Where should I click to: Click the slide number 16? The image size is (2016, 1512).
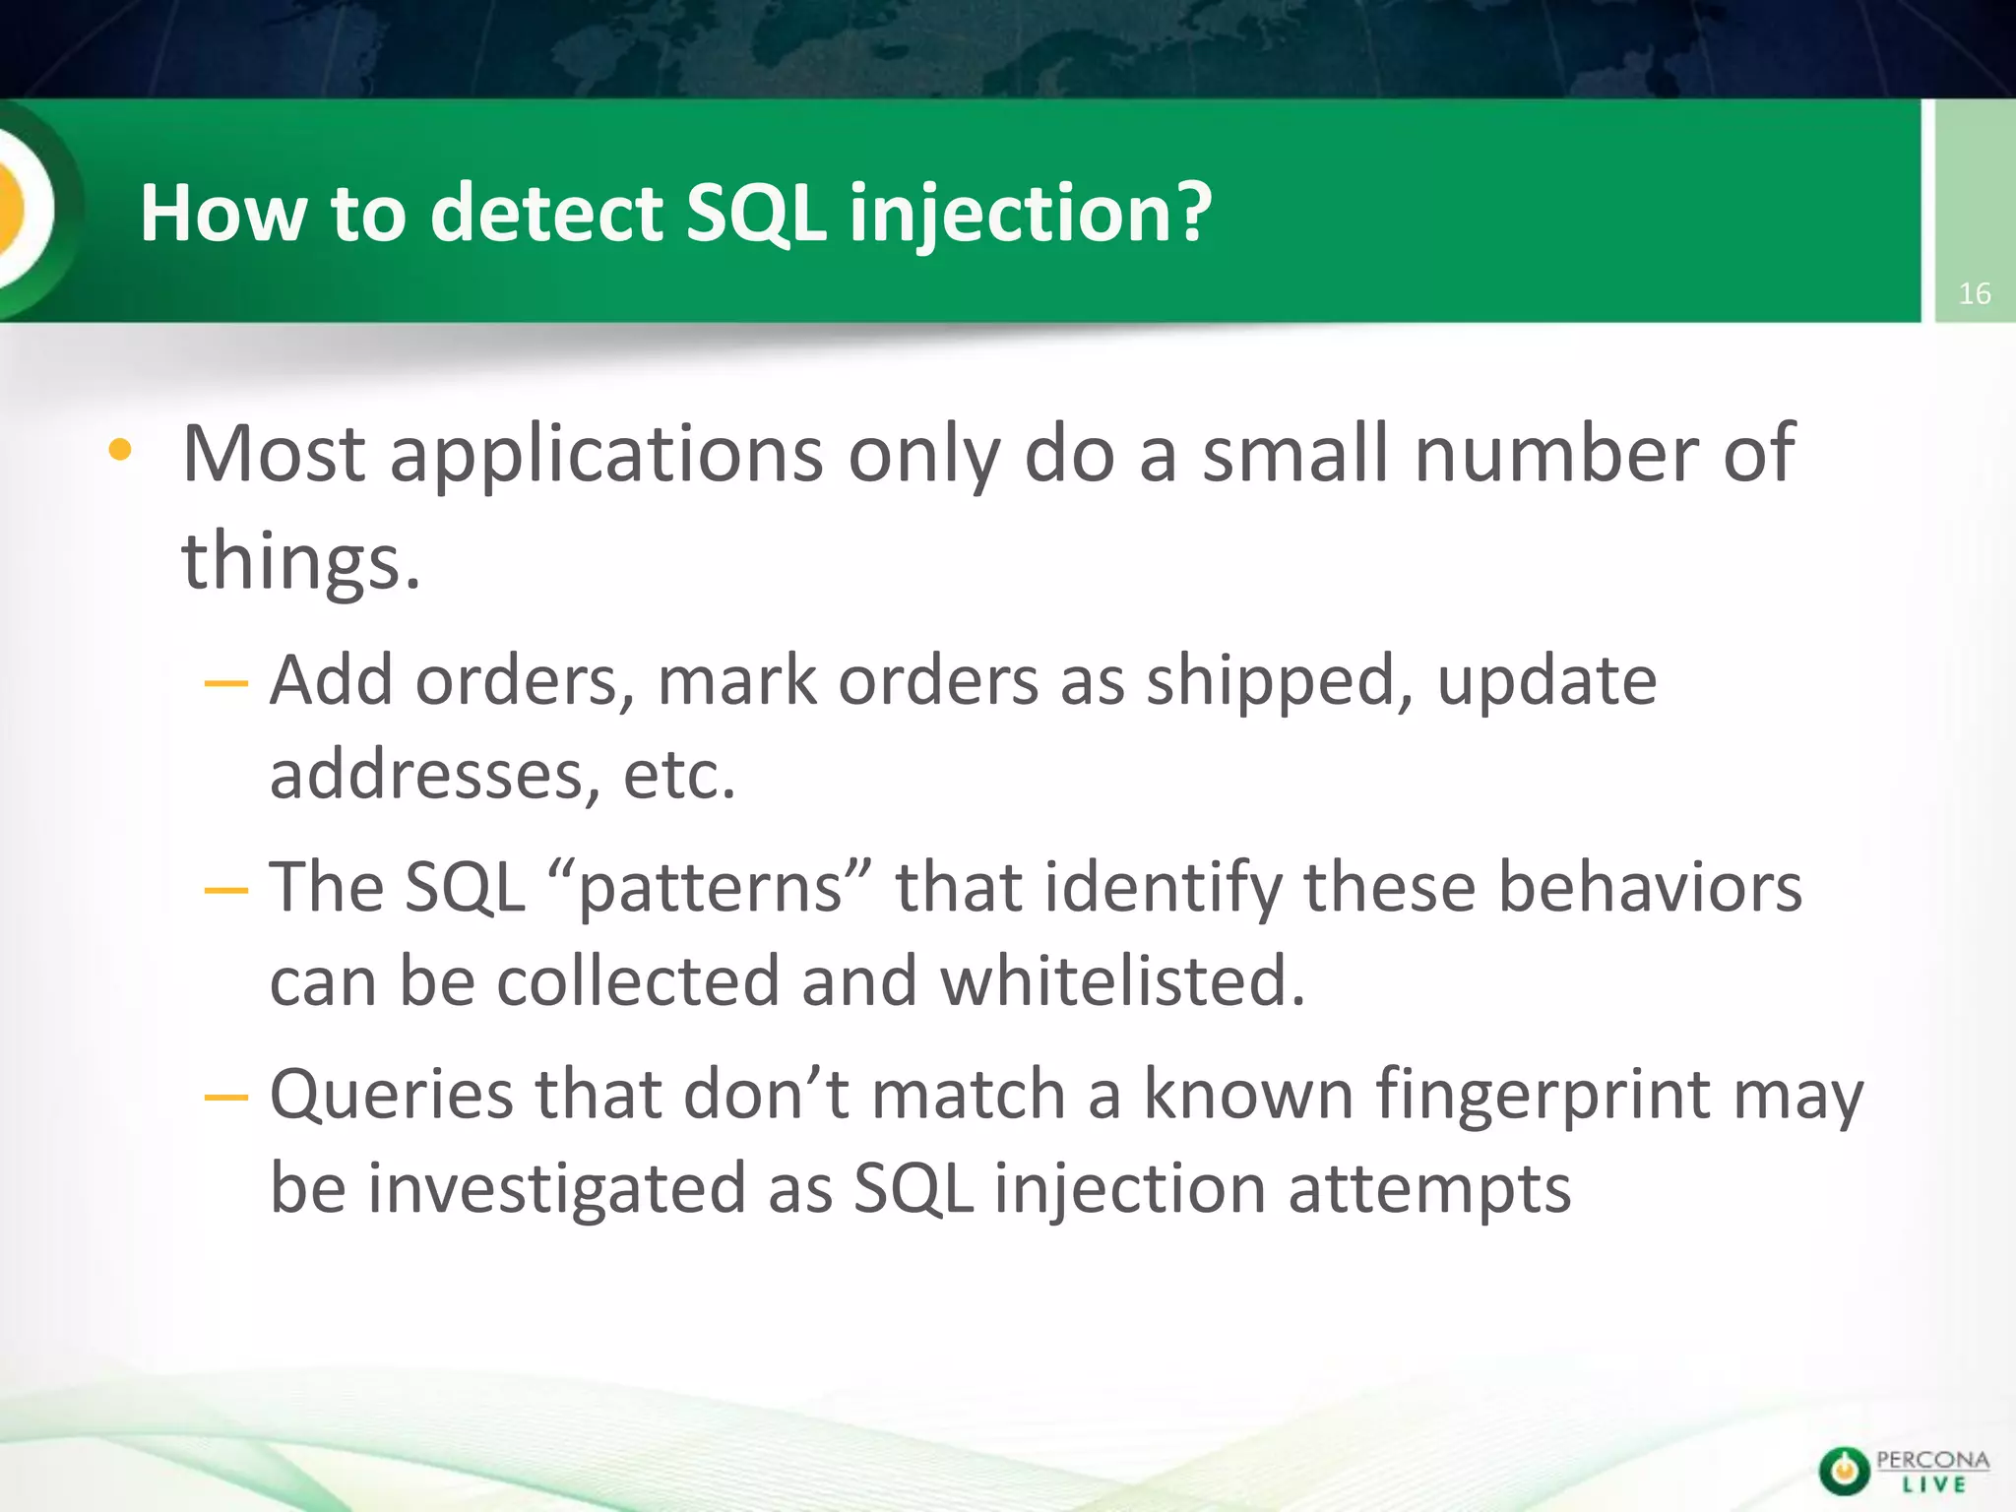[1974, 293]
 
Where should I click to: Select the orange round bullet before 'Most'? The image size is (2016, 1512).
[120, 451]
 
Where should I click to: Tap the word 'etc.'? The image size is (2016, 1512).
[679, 776]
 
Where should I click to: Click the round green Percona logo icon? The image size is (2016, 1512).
[1843, 1472]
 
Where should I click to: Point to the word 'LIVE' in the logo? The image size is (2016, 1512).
[1933, 1484]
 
